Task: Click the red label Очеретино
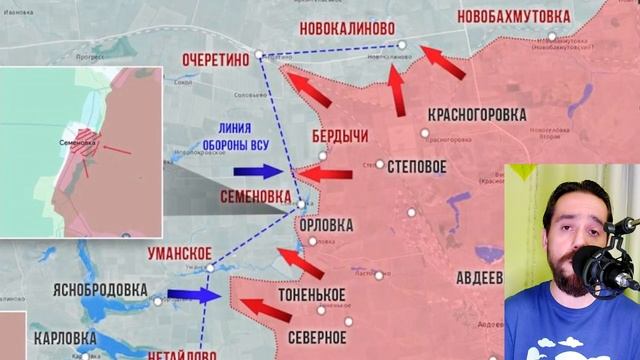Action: [x=215, y=60]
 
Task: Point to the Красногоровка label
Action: [x=476, y=115]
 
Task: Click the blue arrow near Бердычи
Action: [x=268, y=171]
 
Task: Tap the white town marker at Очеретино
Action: [x=259, y=54]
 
